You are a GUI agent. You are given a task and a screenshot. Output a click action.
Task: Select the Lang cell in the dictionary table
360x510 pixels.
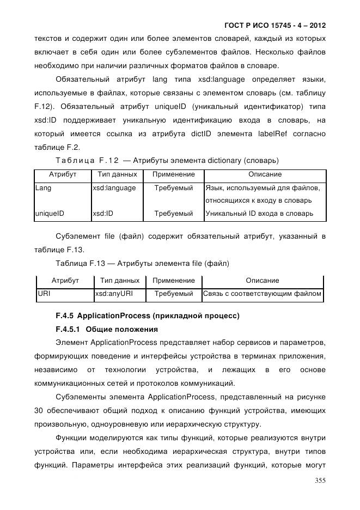click(44, 188)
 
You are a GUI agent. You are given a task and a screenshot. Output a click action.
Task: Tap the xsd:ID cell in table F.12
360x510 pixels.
click(103, 214)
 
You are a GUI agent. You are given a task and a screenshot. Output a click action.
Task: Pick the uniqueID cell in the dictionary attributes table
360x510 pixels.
click(50, 214)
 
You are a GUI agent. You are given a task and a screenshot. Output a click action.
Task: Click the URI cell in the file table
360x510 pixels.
click(44, 294)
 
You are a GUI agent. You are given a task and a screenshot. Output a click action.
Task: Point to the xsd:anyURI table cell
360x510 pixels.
click(114, 294)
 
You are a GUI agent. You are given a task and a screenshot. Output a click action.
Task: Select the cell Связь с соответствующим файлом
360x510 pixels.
click(262, 294)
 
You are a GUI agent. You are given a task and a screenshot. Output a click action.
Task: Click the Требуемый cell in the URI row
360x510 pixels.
click(174, 294)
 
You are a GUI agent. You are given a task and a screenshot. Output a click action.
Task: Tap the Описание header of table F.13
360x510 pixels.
click(262, 281)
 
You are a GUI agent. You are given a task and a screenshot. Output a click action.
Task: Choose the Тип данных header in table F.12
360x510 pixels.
click(116, 174)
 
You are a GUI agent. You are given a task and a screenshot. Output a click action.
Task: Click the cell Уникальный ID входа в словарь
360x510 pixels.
click(259, 214)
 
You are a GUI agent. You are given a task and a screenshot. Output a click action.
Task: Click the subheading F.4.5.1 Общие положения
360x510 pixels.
click(107, 330)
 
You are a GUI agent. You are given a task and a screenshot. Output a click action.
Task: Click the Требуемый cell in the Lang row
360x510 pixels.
click(174, 188)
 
